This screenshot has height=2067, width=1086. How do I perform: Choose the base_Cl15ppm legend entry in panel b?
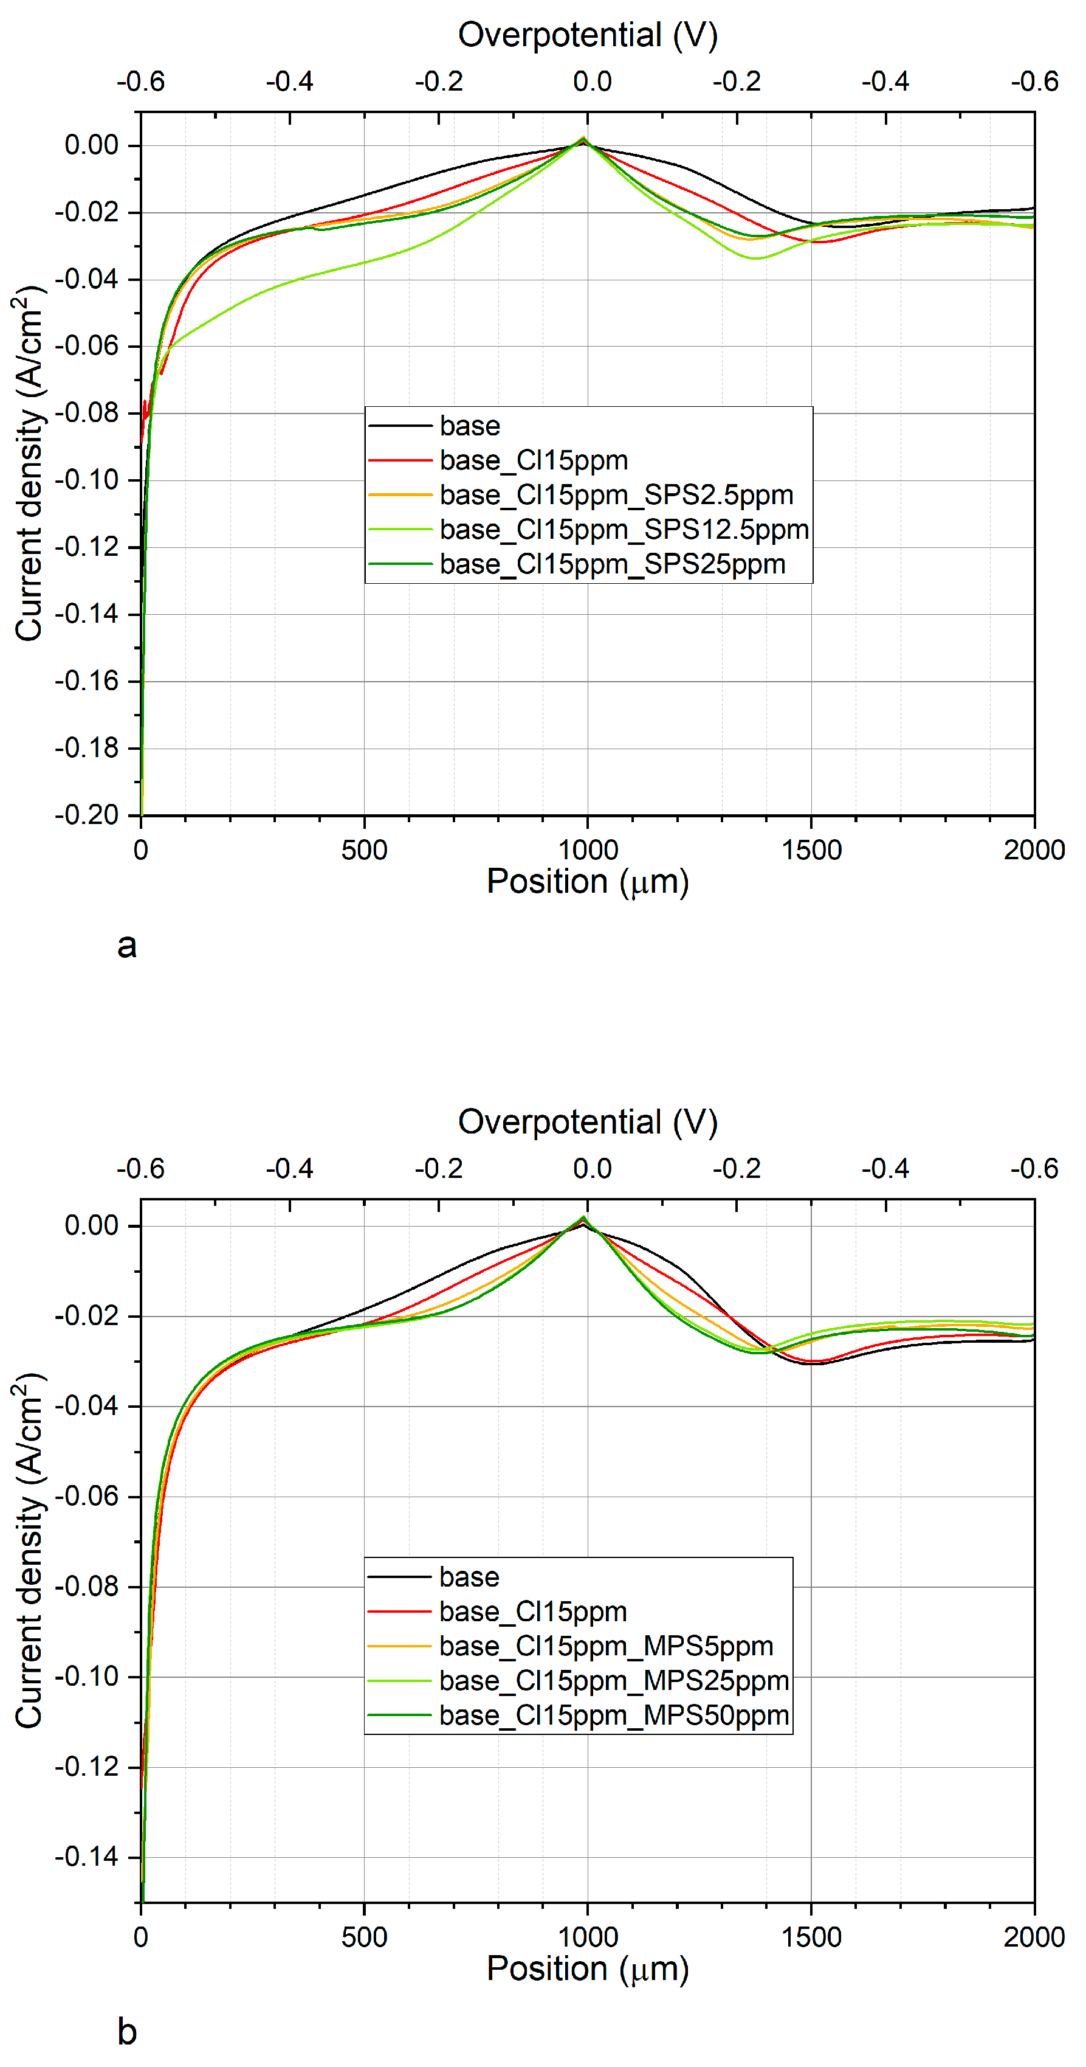[532, 1612]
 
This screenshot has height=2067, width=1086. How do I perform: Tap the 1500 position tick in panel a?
[811, 850]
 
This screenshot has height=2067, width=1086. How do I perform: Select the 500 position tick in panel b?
[364, 1937]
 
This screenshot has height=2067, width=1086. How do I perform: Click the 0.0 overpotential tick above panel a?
[592, 81]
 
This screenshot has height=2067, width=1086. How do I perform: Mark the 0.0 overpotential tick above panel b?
[592, 1168]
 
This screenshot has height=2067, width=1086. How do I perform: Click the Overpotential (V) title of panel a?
[587, 35]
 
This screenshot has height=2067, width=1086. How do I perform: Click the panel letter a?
[127, 945]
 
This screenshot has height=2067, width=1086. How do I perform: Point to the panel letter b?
[127, 2032]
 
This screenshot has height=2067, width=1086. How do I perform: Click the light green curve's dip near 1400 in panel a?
[755, 258]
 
